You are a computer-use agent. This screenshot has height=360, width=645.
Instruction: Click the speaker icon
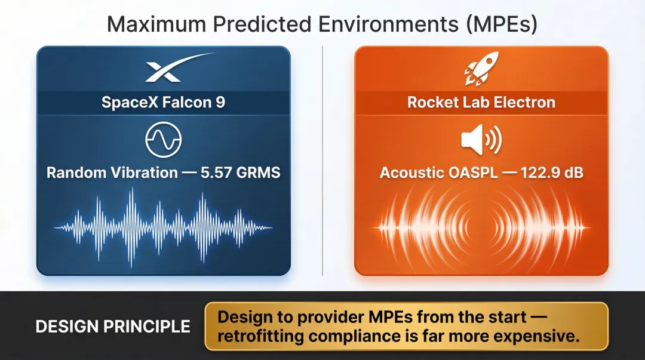click(481, 141)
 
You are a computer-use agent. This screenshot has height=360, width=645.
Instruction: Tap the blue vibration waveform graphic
click(163, 227)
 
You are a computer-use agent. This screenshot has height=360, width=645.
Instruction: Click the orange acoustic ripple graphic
click(481, 227)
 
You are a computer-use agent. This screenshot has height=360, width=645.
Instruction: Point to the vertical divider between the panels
click(322, 161)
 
